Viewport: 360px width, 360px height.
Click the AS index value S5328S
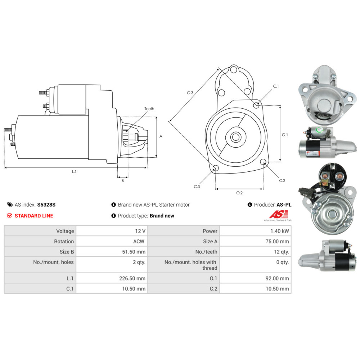46,204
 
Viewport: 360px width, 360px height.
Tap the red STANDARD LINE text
34,216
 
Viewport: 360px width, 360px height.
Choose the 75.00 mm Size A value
277,241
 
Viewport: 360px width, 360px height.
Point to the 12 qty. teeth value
281,252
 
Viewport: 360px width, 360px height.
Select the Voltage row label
65,231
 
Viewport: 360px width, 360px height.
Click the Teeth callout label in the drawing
149,109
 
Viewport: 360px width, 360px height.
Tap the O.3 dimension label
190,93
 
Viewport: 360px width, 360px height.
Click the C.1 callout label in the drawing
276,86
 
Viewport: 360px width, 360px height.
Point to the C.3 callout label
197,186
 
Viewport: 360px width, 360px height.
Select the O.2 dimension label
239,193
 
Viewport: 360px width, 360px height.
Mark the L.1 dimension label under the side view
74,171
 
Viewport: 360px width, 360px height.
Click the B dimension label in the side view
123,180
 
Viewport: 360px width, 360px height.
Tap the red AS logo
279,214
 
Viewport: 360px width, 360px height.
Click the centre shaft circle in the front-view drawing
235,137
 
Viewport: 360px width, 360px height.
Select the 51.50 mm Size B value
134,252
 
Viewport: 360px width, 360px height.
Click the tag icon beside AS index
10,204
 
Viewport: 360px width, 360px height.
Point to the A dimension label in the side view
161,136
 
